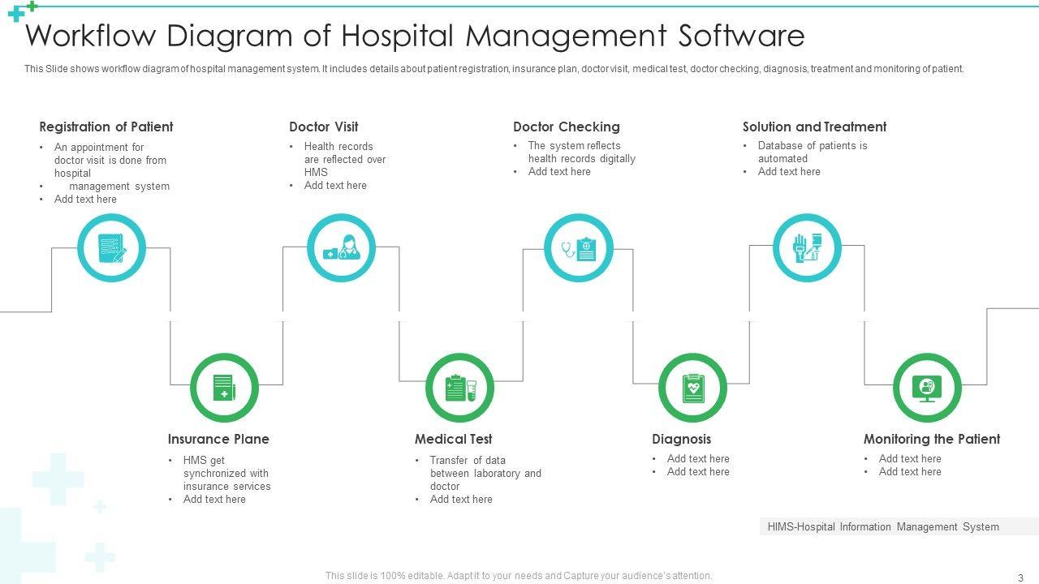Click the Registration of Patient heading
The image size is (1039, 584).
click(106, 127)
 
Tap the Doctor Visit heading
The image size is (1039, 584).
click(323, 127)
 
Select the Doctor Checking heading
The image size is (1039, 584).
click(566, 127)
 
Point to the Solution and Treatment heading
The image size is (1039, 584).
click(814, 127)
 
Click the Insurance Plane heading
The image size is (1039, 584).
click(218, 439)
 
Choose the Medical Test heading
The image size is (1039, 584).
click(453, 439)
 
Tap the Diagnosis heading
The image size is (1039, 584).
click(681, 439)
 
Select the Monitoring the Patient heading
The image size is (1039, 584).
click(931, 439)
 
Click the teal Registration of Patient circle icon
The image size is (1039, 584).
click(111, 248)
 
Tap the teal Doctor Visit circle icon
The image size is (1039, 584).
click(341, 248)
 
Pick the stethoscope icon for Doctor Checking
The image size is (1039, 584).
click(578, 248)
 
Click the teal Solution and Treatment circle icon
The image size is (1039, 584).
click(807, 247)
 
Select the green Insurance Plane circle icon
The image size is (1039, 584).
click(224, 388)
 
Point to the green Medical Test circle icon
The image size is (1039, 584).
click(459, 388)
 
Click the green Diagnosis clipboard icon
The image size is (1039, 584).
click(692, 388)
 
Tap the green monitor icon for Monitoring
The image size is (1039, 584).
click(927, 388)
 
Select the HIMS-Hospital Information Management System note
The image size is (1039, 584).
click(883, 526)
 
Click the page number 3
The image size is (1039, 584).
click(1020, 578)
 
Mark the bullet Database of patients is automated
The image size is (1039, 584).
click(812, 152)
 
